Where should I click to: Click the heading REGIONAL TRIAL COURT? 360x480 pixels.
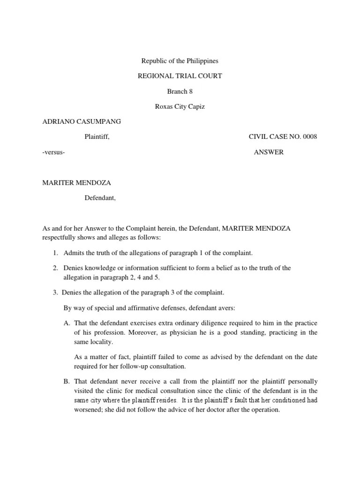(180, 76)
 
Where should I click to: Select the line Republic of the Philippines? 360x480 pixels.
(180, 61)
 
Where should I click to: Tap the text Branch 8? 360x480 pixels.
(180, 91)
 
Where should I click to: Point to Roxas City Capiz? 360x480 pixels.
(180, 106)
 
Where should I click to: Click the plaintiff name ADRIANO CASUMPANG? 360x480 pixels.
(82, 121)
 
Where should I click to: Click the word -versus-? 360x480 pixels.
(53, 152)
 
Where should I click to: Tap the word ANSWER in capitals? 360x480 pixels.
(269, 152)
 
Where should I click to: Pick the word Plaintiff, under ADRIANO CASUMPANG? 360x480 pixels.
(97, 137)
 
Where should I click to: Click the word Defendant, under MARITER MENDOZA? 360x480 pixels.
(100, 198)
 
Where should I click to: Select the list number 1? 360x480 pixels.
(55, 253)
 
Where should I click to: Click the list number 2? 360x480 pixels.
(55, 268)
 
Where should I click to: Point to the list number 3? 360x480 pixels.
(55, 293)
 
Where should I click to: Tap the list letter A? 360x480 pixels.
(66, 323)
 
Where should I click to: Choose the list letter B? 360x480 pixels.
(66, 382)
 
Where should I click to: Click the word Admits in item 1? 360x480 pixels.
(73, 253)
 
